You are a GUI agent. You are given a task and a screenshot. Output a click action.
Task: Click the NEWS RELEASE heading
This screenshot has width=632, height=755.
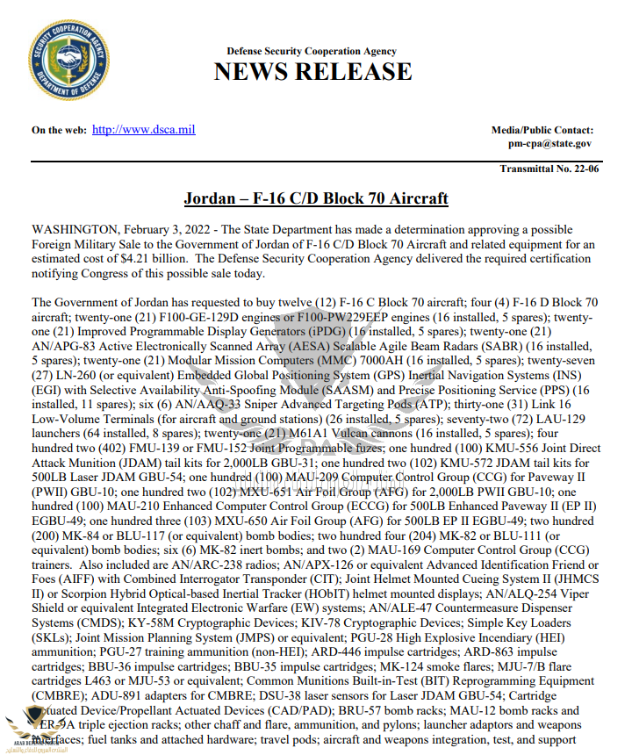tap(312, 72)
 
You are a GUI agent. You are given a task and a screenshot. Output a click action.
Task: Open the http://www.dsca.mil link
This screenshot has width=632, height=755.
tap(143, 130)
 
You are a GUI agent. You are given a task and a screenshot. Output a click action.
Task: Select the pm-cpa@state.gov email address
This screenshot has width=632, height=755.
tap(549, 143)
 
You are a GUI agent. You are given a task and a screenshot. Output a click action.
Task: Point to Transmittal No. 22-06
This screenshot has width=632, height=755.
tap(549, 169)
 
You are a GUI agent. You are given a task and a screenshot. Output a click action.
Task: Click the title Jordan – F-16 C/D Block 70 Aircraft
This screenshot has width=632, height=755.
tap(316, 198)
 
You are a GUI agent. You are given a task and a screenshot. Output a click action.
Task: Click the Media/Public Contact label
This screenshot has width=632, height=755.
tap(542, 130)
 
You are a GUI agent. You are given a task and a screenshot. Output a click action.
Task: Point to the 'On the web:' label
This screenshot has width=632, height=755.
tap(59, 131)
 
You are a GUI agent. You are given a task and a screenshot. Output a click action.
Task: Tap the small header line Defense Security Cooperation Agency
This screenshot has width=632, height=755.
tap(312, 52)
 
